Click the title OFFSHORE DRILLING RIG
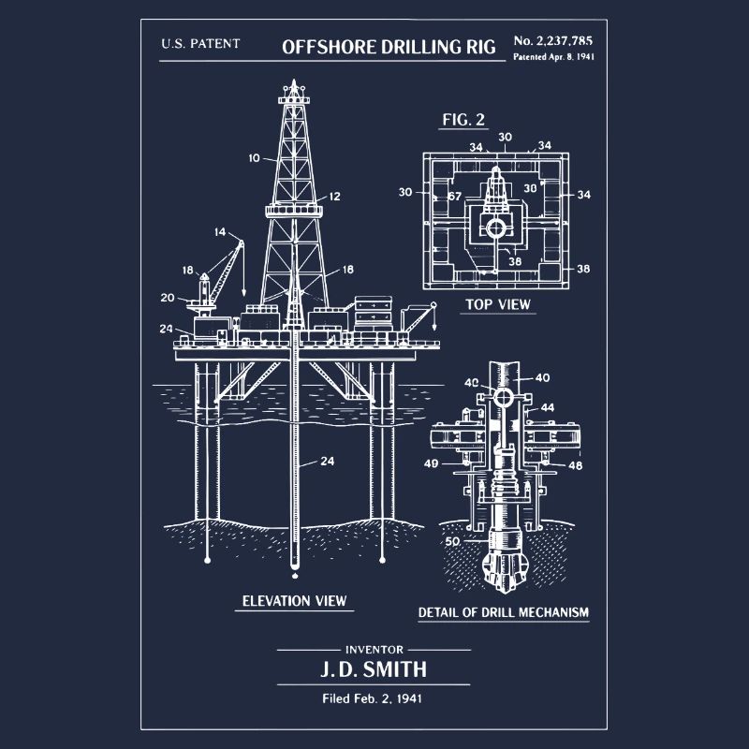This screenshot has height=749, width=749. click(389, 47)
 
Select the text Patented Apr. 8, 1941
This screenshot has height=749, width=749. click(553, 56)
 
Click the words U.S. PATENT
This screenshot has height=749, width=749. click(200, 43)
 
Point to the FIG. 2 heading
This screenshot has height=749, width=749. click(463, 120)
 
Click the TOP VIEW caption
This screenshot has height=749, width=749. click(498, 304)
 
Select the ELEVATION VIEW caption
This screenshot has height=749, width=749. click(294, 600)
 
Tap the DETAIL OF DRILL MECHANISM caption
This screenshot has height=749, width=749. click(504, 612)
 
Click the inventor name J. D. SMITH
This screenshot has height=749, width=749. click(374, 669)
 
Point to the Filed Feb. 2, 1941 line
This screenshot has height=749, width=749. click(372, 698)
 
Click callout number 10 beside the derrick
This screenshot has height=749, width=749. click(254, 157)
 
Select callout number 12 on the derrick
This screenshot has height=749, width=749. click(335, 196)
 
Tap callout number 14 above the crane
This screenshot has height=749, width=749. click(220, 232)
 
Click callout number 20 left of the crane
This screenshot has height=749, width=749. click(168, 298)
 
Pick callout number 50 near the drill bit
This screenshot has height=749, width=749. click(452, 541)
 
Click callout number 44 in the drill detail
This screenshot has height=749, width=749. click(548, 407)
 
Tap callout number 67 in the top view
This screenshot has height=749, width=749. click(455, 196)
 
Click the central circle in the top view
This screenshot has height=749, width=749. click(495, 228)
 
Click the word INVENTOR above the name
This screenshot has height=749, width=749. click(374, 650)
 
